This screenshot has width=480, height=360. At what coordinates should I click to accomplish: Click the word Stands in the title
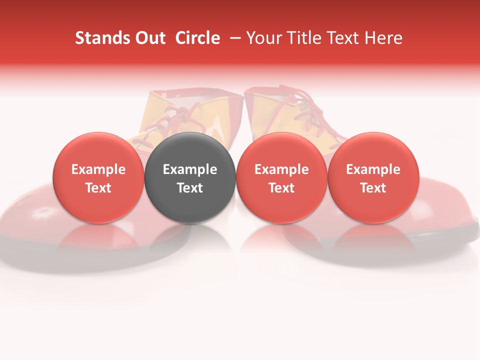(98, 38)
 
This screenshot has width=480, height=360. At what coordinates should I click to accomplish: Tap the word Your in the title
(263, 38)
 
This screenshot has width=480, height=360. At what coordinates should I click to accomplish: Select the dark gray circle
(190, 177)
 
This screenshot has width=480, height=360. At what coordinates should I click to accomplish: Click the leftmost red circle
(98, 177)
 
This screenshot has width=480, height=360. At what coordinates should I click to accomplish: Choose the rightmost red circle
(373, 177)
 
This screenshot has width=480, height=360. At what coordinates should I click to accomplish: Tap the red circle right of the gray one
(281, 177)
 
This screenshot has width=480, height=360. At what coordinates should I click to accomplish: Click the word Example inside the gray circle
(190, 169)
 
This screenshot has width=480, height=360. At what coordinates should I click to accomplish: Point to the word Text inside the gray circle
(190, 188)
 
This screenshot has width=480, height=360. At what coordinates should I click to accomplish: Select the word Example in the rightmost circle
(373, 169)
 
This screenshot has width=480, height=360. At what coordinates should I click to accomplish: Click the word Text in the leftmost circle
(98, 188)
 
